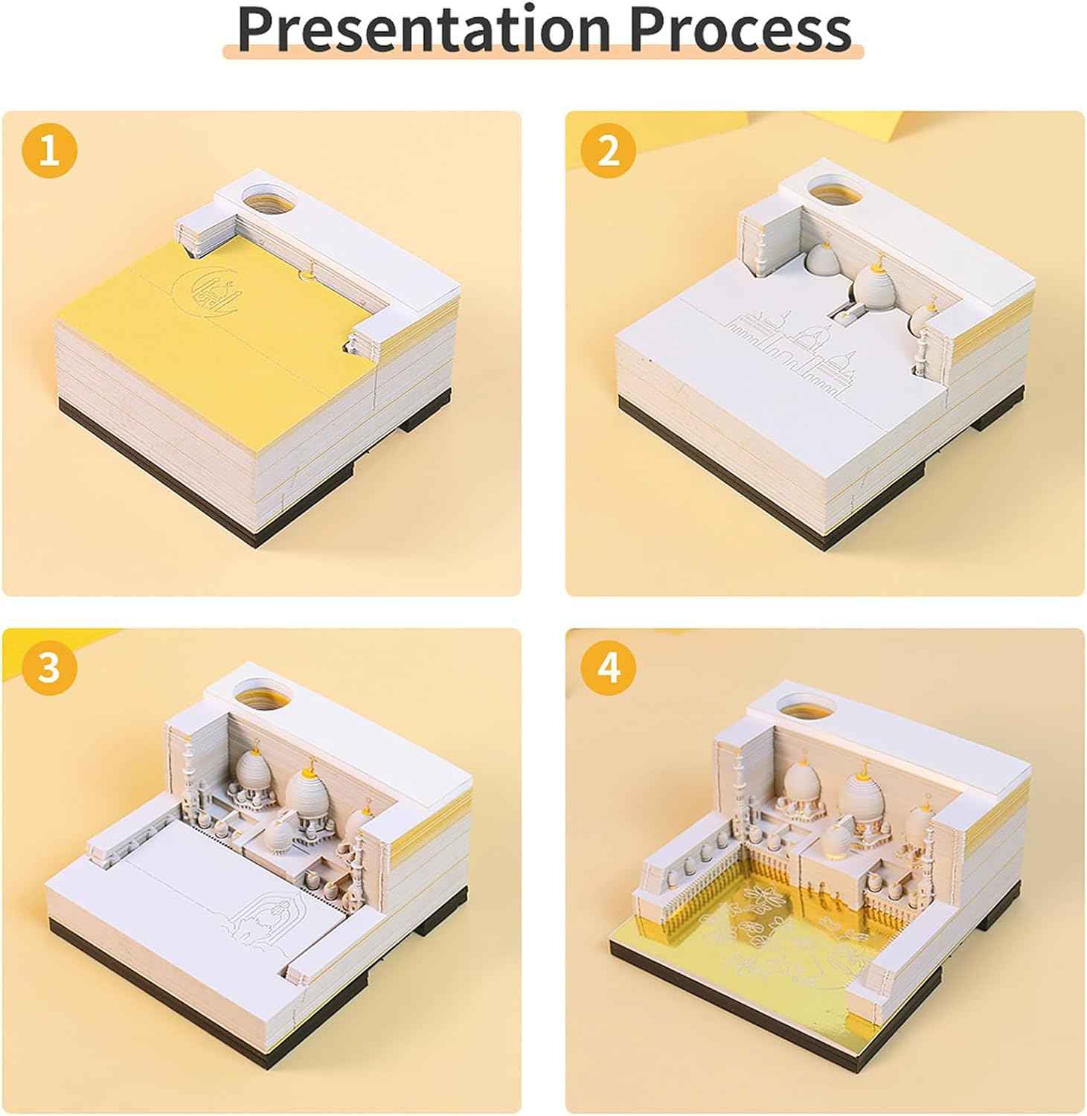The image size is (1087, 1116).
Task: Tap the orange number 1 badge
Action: [x=49, y=151]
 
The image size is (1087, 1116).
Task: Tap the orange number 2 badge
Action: [x=609, y=151]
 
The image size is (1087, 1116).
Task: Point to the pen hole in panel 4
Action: [x=804, y=707]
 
